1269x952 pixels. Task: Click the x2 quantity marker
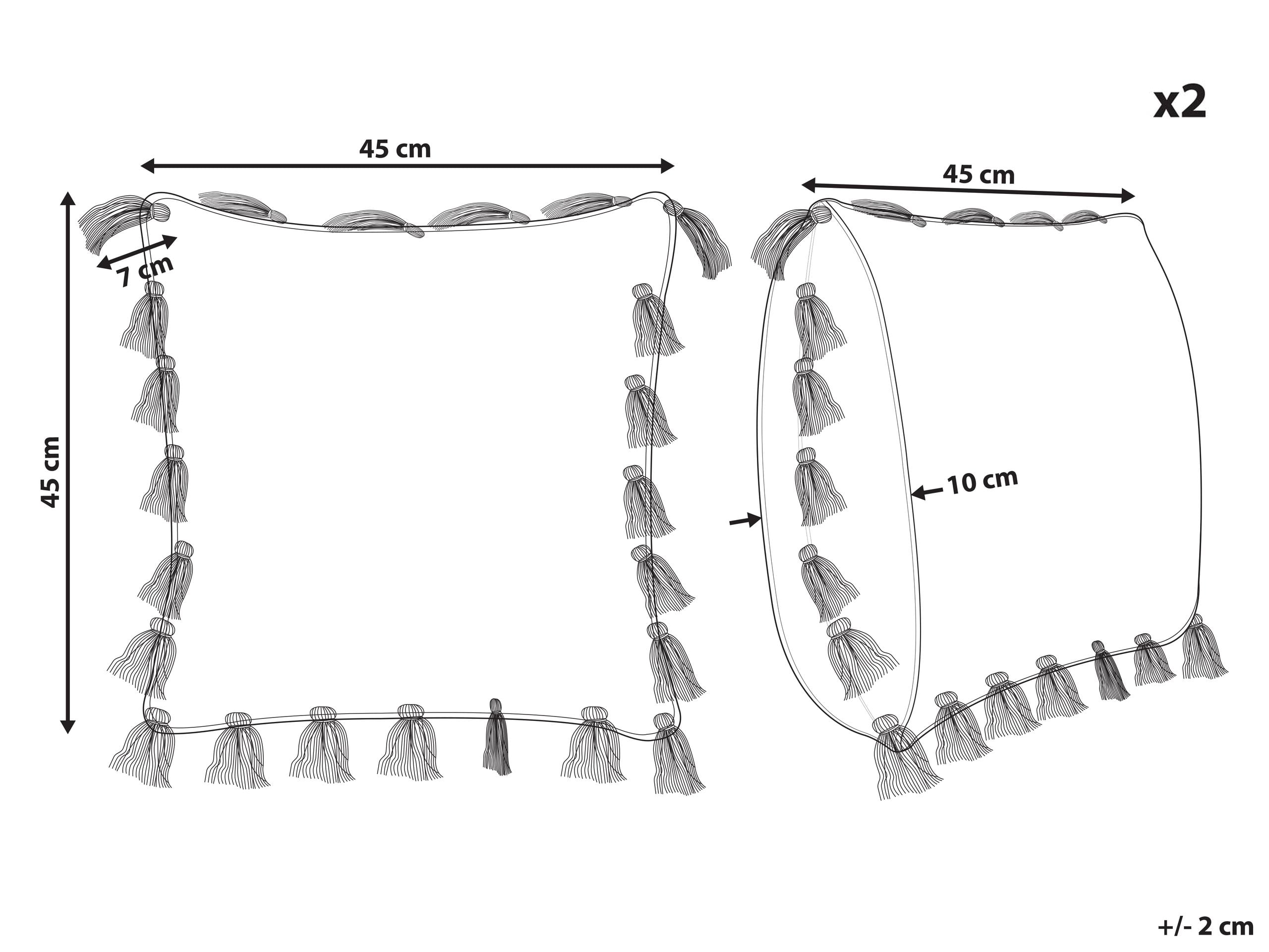(x=1180, y=102)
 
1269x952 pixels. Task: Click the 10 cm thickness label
(x=982, y=481)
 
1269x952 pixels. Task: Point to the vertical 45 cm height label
(x=51, y=471)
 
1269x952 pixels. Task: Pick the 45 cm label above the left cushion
(x=395, y=149)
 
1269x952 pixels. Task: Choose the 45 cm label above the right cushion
(x=979, y=175)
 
